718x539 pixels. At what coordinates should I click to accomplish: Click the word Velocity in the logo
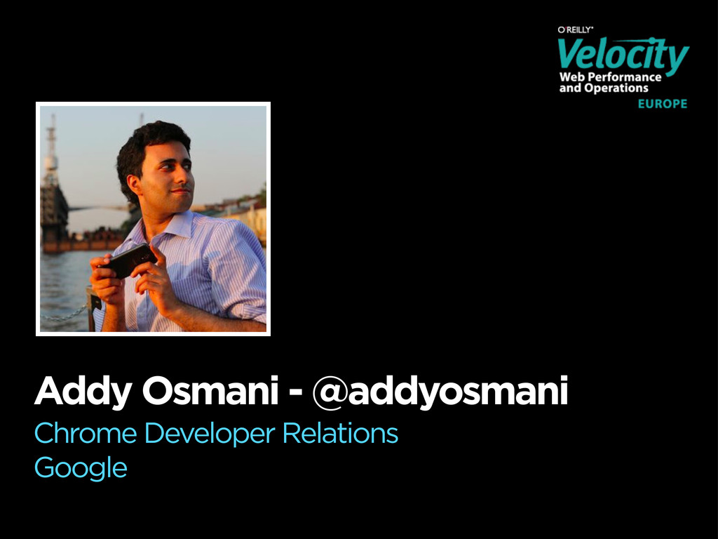tap(623, 55)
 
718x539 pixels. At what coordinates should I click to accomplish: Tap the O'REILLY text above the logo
tap(575, 29)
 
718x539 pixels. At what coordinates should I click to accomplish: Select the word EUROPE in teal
tap(663, 104)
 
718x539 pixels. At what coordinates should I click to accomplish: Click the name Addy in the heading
tap(83, 392)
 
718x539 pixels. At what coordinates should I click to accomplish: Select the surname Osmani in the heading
tap(210, 390)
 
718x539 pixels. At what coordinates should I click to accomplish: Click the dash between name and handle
tap(296, 393)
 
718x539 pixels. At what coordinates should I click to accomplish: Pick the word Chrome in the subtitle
tap(86, 432)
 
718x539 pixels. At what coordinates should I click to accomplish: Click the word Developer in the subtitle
tap(210, 434)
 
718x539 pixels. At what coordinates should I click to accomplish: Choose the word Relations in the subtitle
tap(340, 432)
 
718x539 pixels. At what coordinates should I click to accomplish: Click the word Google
tap(81, 467)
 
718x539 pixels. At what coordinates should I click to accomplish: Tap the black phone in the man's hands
tap(128, 260)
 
